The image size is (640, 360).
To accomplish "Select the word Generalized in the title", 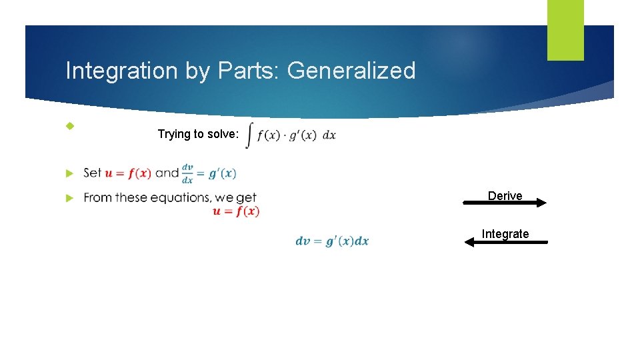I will [x=351, y=71].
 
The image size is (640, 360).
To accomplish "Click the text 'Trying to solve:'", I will [x=197, y=134].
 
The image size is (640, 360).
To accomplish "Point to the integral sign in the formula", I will [x=249, y=135].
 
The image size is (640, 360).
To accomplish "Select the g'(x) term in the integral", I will [x=303, y=135].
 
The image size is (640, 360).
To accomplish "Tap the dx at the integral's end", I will [x=329, y=135].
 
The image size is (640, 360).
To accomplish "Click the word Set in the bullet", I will [x=93, y=173].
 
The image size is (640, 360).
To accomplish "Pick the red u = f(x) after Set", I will [x=128, y=173].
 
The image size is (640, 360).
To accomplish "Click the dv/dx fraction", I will [x=187, y=174].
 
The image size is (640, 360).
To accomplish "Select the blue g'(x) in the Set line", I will [x=222, y=173].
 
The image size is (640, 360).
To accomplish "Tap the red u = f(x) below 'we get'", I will [x=236, y=211].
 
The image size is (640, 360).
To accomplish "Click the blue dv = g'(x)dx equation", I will [x=332, y=241].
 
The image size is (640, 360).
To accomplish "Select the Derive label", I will [x=505, y=195].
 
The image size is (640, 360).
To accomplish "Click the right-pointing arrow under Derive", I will [x=505, y=204].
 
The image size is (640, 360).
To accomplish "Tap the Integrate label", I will [x=505, y=233].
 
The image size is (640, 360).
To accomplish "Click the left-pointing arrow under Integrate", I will [x=505, y=243].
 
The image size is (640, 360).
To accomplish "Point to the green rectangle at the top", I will [x=565, y=30].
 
